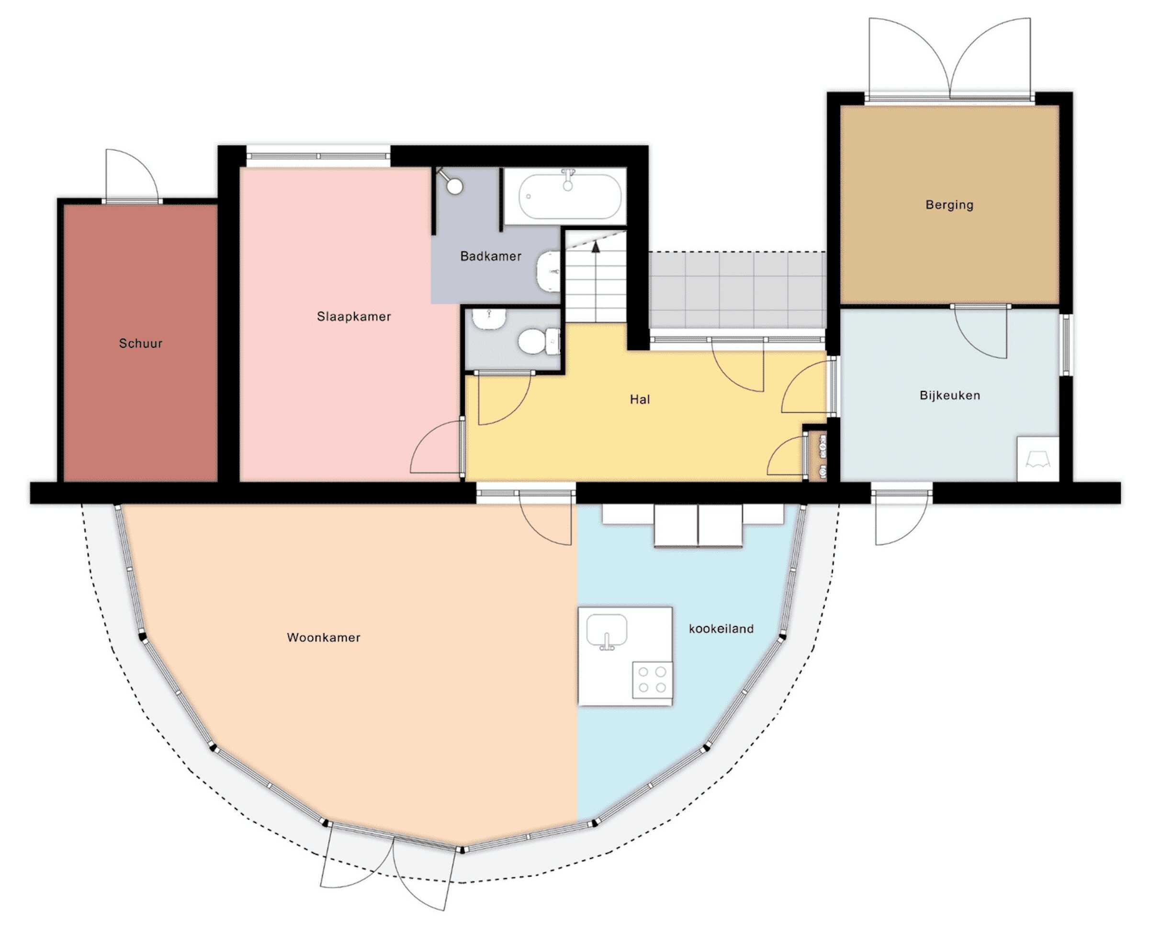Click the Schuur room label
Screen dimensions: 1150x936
pyautogui.click(x=141, y=343)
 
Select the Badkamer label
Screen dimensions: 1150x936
pyautogui.click(x=490, y=256)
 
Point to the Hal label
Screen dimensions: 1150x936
pyautogui.click(x=640, y=400)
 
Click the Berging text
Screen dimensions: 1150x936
pyautogui.click(x=949, y=205)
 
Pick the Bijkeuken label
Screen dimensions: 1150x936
pyautogui.click(x=949, y=395)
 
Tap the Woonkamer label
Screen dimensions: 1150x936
pyautogui.click(x=323, y=637)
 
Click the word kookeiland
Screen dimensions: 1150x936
pyautogui.click(x=721, y=628)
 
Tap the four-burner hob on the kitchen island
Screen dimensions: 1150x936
pyautogui.click(x=652, y=680)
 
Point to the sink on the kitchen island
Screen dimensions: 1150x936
pyautogui.click(x=607, y=631)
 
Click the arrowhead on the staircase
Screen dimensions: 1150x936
pyautogui.click(x=596, y=247)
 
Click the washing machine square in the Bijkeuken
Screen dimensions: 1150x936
pyautogui.click(x=1037, y=459)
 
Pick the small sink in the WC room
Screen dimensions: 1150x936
pyautogui.click(x=489, y=319)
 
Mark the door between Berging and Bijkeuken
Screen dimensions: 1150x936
pyautogui.click(x=980, y=332)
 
